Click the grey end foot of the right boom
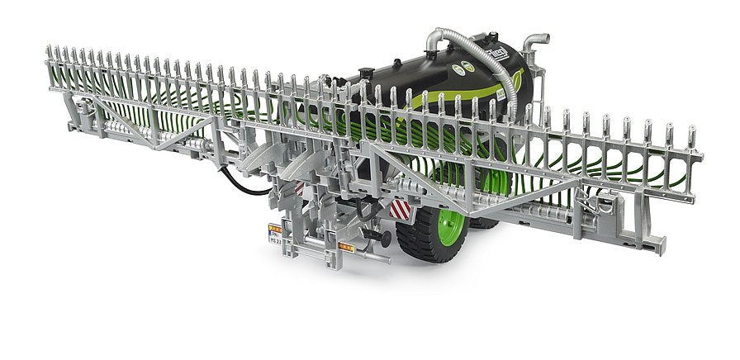[x=653, y=244]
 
